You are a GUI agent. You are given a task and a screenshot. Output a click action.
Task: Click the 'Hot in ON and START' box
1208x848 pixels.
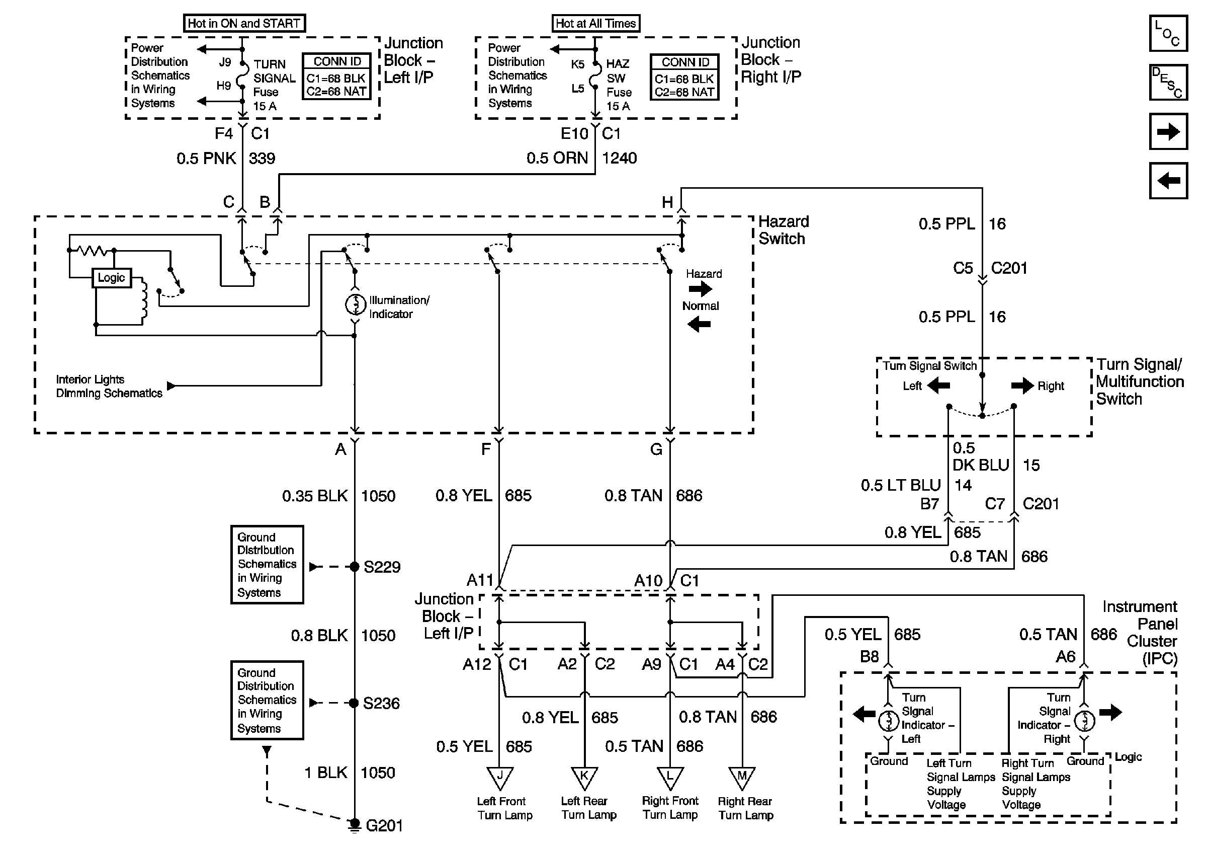pyautogui.click(x=243, y=24)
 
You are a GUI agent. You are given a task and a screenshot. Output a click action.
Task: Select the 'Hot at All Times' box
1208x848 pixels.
pyautogui.click(x=595, y=24)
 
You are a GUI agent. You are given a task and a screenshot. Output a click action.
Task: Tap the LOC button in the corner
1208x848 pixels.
pyautogui.click(x=1167, y=34)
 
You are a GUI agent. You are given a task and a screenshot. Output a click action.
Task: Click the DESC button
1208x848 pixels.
pyautogui.click(x=1167, y=82)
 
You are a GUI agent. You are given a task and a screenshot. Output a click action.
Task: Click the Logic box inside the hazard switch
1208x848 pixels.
pyautogui.click(x=112, y=277)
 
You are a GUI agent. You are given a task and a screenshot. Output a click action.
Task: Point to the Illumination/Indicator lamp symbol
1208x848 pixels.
pyautogui.click(x=355, y=304)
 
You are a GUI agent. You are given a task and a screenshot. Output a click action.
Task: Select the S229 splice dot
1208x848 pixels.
pyautogui.click(x=355, y=567)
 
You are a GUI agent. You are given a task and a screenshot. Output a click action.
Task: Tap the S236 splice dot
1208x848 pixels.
pyautogui.click(x=355, y=703)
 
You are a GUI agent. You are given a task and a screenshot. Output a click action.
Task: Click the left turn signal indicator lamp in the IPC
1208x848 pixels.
pyautogui.click(x=889, y=721)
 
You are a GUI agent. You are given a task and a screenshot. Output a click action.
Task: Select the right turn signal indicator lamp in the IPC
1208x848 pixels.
pyautogui.click(x=1084, y=721)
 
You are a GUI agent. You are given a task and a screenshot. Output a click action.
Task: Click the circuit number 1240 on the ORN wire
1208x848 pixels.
pyautogui.click(x=619, y=159)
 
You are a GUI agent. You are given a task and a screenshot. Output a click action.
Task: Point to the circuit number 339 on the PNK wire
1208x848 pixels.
pyautogui.click(x=262, y=159)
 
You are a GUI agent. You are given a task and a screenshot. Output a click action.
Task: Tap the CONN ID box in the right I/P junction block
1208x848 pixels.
pyautogui.click(x=684, y=78)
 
